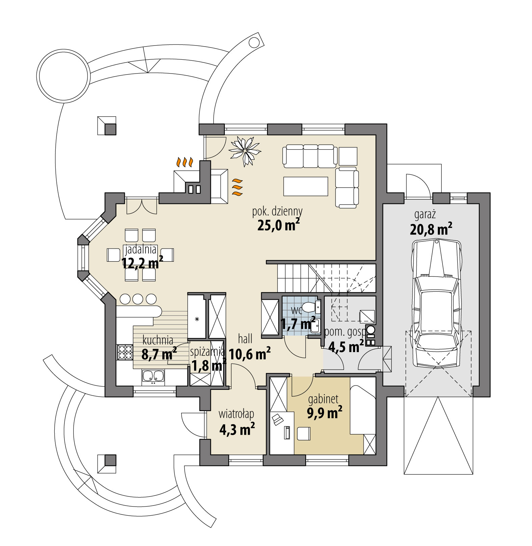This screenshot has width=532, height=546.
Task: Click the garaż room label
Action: pos(425,214)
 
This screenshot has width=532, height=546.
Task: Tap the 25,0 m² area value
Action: pos(278,225)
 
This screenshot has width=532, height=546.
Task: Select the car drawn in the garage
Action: pos(436,304)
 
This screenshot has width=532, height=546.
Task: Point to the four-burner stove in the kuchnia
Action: pos(125,352)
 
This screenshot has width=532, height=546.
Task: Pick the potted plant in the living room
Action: pos(245,150)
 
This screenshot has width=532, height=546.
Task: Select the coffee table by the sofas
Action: pos(305,186)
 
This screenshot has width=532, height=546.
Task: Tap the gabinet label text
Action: pos(323,399)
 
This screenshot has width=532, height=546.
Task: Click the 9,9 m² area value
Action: pos(324,412)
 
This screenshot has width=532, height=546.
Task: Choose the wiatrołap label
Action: pos(236,414)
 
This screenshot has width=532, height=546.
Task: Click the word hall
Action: pos(245,339)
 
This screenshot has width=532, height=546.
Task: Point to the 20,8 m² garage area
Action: pos(431,229)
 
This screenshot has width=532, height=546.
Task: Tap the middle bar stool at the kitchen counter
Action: pos(138,299)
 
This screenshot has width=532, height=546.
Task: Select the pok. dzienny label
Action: pos(277,211)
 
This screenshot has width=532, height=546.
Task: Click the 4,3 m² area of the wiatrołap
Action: pos(237,429)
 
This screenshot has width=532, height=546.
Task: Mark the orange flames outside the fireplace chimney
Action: pos(185,162)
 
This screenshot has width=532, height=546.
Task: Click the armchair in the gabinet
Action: pos(303,434)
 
